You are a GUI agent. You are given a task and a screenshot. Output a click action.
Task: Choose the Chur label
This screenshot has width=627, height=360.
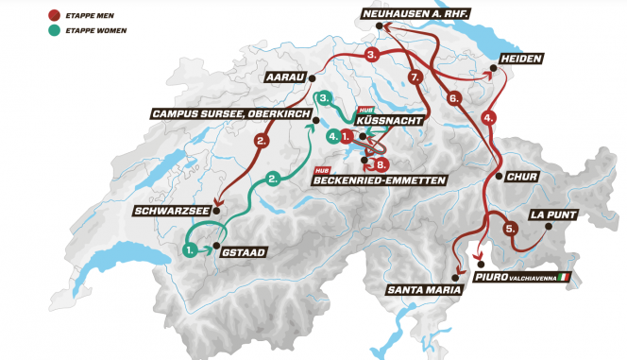pos(523,177)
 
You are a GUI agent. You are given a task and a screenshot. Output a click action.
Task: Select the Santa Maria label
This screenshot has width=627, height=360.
pos(419,291)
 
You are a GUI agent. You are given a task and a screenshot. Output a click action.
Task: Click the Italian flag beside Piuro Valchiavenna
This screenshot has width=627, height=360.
pos(566,277)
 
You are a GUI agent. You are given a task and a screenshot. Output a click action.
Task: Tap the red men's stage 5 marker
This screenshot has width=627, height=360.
pos(510,228)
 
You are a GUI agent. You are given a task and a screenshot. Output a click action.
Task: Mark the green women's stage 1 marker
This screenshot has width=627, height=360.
pos(192,250)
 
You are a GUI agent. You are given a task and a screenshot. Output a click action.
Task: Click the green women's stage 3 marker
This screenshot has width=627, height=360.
pos(324,97)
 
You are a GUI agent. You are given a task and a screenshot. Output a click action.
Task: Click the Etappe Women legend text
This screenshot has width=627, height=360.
pos(99,30)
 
